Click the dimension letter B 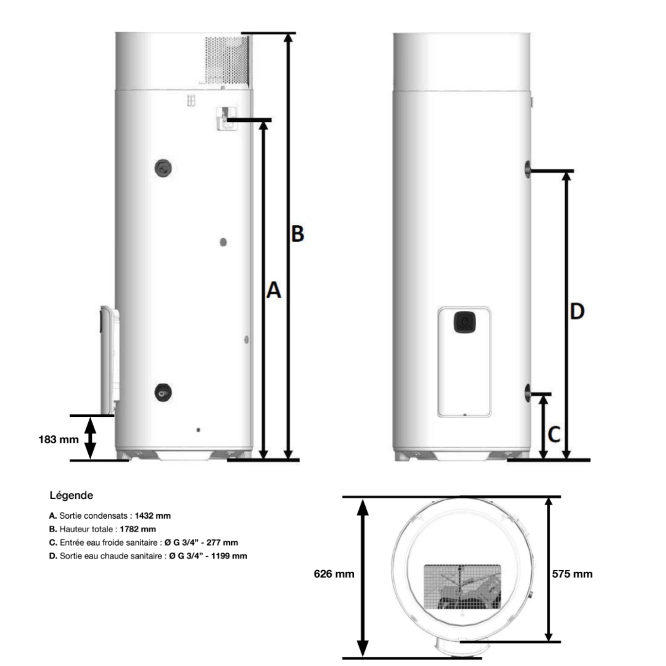coord(297,234)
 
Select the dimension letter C coord(554,435)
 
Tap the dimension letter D coord(577,312)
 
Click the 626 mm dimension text coord(334,574)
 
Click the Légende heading coord(71,495)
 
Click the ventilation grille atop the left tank coord(227,59)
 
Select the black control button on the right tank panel coord(464,322)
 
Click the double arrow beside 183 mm coord(91,438)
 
